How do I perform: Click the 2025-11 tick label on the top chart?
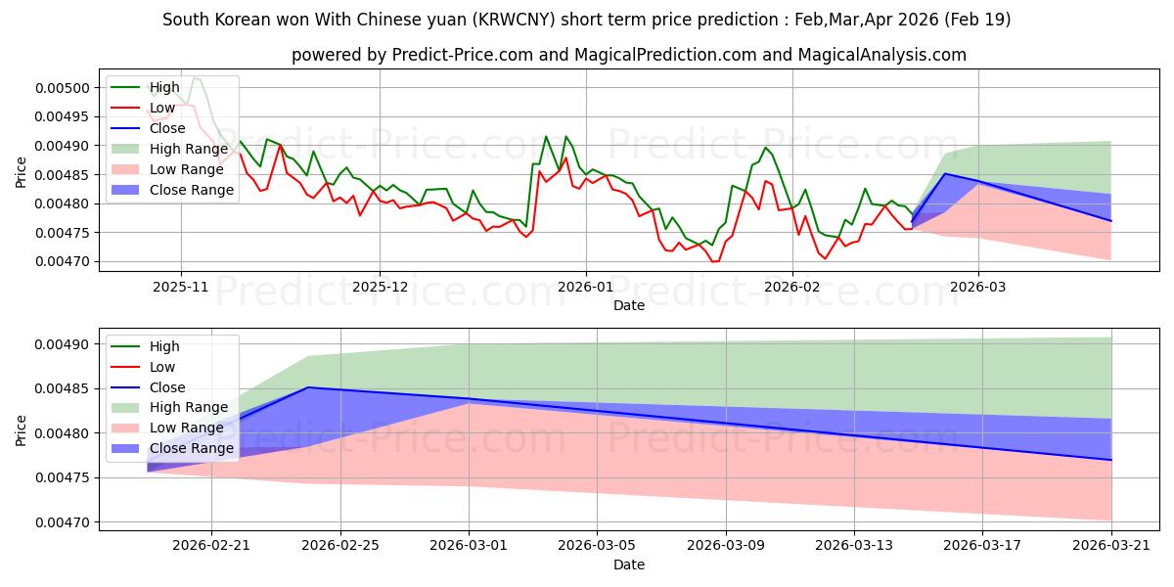(x=180, y=287)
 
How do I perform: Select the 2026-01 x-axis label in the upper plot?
(x=585, y=287)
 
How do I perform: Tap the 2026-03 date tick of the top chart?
(x=978, y=287)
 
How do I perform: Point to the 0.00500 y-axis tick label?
(x=63, y=88)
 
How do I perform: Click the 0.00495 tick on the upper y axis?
(x=63, y=116)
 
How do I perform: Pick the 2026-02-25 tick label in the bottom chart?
(x=340, y=546)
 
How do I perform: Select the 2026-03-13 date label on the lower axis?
(x=854, y=546)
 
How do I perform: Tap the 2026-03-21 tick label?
(x=1111, y=546)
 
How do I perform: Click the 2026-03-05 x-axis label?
(x=597, y=546)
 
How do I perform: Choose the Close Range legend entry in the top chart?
(x=173, y=190)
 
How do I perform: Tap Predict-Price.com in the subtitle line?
(x=462, y=55)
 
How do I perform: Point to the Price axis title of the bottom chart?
(x=21, y=430)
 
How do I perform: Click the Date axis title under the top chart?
(x=629, y=305)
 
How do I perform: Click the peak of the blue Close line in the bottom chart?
(x=308, y=387)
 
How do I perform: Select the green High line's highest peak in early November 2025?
(x=195, y=78)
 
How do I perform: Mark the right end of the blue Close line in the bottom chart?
(x=1111, y=460)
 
